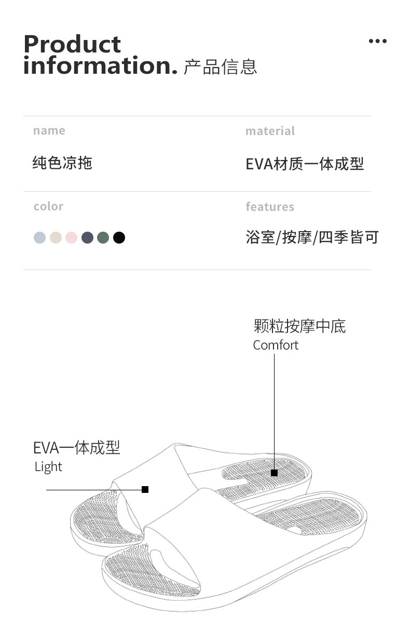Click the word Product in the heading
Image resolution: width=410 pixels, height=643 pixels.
[72, 45]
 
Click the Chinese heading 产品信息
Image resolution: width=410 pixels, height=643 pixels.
[221, 67]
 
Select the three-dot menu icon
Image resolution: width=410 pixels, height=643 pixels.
[377, 42]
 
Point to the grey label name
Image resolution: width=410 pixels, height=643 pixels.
[49, 131]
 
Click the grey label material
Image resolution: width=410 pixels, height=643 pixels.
[270, 131]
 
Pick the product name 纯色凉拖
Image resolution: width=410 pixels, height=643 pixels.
[62, 163]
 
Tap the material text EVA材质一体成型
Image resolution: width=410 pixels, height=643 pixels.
[305, 164]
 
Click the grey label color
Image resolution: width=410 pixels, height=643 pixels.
[48, 206]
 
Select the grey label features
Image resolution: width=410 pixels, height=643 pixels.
[270, 207]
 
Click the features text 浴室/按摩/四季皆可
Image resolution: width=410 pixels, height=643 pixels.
[312, 238]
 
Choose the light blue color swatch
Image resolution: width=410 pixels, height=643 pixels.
[40, 238]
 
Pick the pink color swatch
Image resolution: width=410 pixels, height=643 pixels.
[72, 238]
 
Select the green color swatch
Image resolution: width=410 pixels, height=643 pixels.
[103, 238]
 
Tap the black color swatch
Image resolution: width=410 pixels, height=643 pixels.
[119, 238]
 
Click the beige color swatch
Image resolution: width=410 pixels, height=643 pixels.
[56, 238]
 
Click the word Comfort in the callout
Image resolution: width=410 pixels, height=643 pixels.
[276, 345]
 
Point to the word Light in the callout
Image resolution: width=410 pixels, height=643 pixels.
[48, 467]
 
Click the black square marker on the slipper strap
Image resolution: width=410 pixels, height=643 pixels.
[145, 489]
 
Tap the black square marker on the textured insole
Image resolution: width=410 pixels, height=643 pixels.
[274, 473]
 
